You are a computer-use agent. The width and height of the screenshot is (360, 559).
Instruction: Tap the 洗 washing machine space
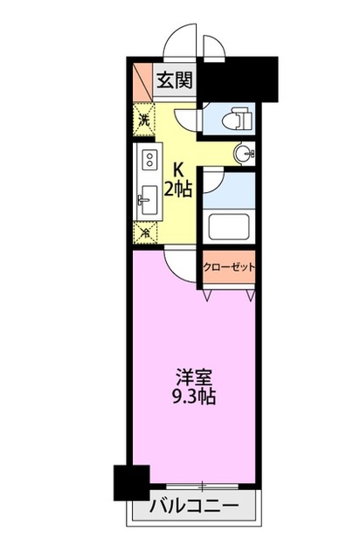[145, 119]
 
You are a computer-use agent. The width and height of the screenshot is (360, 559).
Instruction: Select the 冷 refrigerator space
[145, 232]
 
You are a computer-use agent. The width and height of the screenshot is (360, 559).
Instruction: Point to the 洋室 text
[190, 377]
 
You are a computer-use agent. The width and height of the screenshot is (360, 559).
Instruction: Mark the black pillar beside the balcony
[131, 482]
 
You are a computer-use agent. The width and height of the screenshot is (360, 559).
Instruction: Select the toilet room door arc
[187, 121]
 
